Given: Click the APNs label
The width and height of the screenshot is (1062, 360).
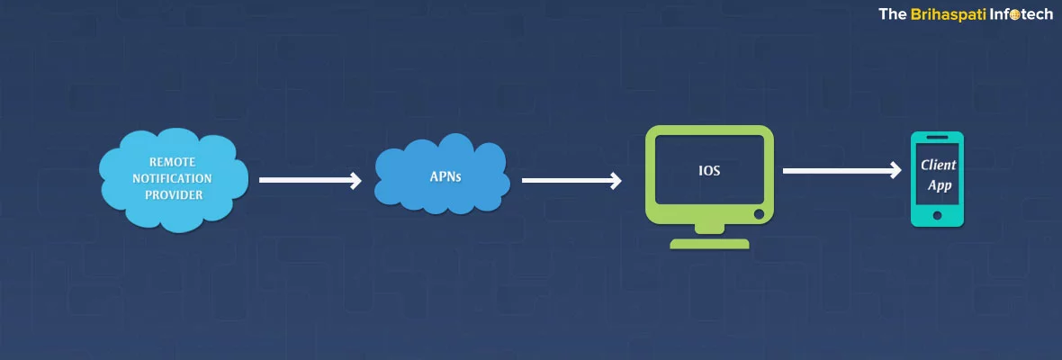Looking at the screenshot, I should click(445, 177).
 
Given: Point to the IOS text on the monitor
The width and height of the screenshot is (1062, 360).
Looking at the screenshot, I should click(709, 169).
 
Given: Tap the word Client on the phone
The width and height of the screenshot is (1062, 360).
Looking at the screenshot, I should click(938, 166).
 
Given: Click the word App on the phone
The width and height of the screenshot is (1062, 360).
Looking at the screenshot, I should click(938, 186).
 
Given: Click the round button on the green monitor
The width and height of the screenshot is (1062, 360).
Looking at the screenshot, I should click(759, 215).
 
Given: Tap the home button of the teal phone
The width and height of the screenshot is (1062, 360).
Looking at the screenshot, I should click(938, 216).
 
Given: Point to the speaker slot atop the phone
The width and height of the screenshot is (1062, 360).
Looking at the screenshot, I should click(938, 139).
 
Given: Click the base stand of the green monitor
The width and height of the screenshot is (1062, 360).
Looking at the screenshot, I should click(710, 243).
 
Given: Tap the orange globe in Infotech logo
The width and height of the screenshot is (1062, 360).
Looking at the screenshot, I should click(1013, 15).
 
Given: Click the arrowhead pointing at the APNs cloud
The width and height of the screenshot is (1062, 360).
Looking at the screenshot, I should click(355, 181).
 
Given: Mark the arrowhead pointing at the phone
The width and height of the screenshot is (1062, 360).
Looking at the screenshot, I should click(895, 170).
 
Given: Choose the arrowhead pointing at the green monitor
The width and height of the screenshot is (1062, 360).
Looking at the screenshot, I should click(616, 181).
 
